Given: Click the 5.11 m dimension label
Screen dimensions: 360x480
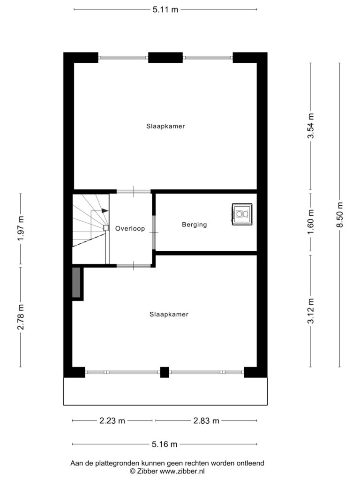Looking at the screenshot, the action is click(x=165, y=9).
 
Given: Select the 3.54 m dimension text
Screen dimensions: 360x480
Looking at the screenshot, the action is click(x=311, y=126).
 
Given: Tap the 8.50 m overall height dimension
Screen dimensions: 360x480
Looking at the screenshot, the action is click(x=339, y=215).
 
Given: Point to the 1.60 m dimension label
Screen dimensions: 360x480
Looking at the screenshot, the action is click(x=311, y=222).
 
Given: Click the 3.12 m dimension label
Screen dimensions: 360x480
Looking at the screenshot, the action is click(x=311, y=311).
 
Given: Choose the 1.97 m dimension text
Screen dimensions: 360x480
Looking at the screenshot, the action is click(x=21, y=228).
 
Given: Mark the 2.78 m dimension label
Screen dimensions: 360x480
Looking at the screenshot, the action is click(x=21, y=317).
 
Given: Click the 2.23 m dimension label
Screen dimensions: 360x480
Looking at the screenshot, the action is click(x=112, y=420).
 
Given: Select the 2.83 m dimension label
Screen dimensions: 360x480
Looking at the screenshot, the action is click(x=206, y=420).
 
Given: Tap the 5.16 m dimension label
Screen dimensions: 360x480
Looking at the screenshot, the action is click(x=165, y=444).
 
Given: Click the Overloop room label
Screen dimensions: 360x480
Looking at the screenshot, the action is click(x=130, y=228).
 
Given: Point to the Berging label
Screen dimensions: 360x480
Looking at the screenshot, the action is click(x=195, y=225).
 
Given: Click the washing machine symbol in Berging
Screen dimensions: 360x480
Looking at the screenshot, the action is click(x=242, y=214).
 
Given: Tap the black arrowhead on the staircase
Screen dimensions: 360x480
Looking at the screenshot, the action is click(x=105, y=210).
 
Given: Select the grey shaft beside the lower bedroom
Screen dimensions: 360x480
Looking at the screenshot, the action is click(x=76, y=282).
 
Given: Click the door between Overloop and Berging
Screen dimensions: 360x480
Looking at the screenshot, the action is click(x=154, y=232).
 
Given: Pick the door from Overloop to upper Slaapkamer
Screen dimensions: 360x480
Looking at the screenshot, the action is click(x=134, y=192).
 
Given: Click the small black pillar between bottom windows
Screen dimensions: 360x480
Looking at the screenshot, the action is click(x=165, y=372).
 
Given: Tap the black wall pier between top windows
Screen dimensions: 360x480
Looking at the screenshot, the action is click(x=165, y=58).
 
